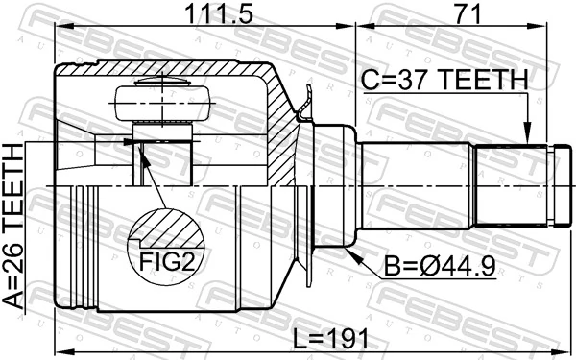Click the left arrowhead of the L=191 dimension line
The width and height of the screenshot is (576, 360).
pos(60,351)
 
